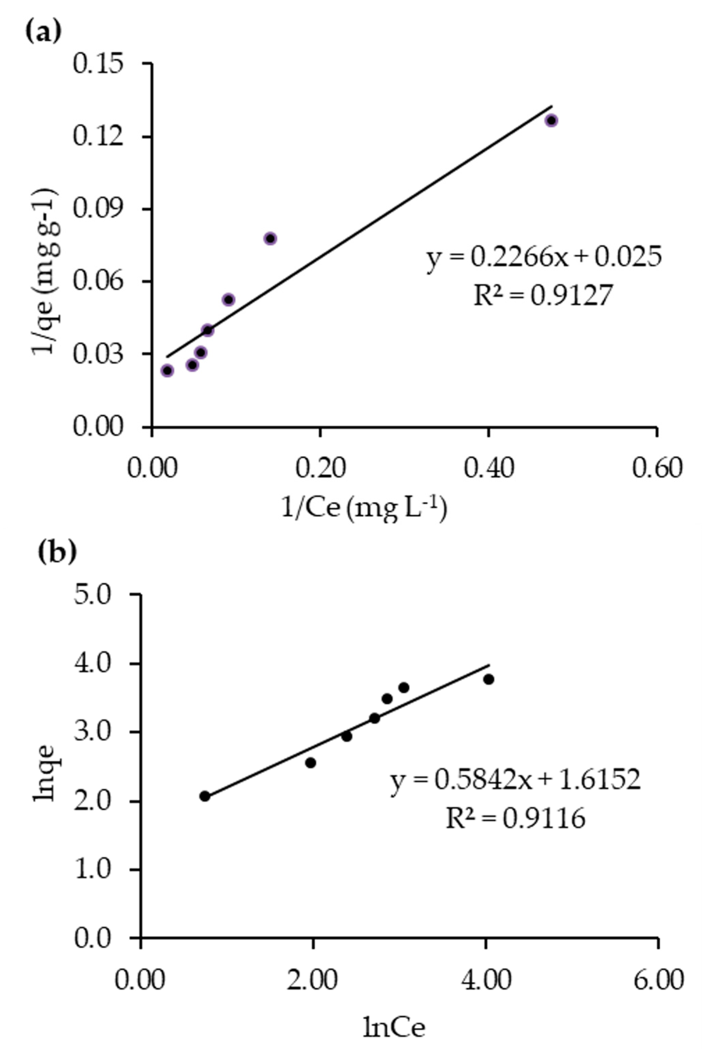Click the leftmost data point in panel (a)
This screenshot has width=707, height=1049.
point(167,370)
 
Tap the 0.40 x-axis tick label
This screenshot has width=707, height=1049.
point(488,469)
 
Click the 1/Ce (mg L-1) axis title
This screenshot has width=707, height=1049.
point(364,509)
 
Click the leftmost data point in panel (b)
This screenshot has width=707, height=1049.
point(205,796)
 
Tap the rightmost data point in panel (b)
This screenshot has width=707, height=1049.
point(488,679)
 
